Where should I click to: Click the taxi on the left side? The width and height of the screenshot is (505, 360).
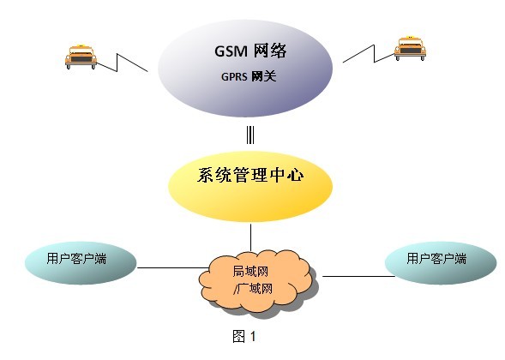click(81, 57)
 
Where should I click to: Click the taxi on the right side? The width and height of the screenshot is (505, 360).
click(410, 48)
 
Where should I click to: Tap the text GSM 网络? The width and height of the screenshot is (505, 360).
click(250, 51)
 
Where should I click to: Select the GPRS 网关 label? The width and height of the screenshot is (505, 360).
click(249, 76)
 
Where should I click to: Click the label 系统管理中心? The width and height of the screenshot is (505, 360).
click(250, 176)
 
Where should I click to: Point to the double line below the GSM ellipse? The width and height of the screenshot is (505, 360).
click(250, 135)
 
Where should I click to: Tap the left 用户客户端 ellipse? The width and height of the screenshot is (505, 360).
click(81, 263)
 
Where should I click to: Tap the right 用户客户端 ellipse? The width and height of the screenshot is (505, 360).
click(441, 263)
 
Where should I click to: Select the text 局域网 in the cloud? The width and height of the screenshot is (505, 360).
click(250, 272)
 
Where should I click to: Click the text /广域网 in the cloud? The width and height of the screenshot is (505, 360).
click(253, 288)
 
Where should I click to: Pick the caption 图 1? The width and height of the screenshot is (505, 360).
click(244, 337)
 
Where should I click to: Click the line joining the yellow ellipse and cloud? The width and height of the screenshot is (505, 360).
click(250, 237)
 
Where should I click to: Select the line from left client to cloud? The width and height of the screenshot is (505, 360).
click(173, 267)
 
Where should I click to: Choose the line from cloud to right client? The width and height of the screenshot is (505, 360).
click(358, 276)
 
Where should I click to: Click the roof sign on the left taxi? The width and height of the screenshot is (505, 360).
click(81, 45)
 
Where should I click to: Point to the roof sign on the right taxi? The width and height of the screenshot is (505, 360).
click(410, 38)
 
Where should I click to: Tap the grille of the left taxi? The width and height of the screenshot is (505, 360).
click(81, 59)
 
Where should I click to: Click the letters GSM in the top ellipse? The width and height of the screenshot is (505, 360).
click(231, 51)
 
